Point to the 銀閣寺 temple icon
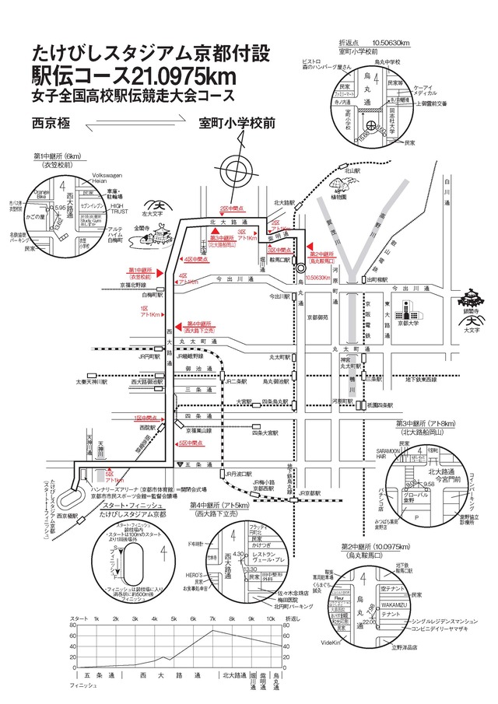pos(472,300)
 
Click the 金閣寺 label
pos(142,228)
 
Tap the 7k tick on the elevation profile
pos(212,618)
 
